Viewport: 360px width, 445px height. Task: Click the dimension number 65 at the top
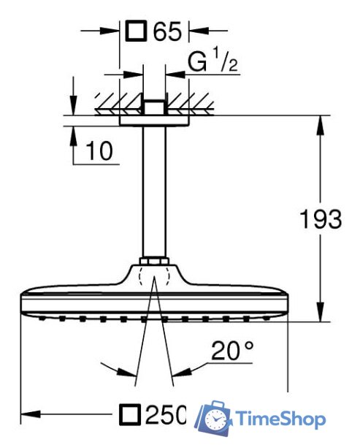click(x=167, y=31)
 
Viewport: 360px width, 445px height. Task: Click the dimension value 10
click(x=99, y=151)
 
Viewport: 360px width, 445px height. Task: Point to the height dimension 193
click(x=321, y=218)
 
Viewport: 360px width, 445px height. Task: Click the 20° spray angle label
click(x=233, y=351)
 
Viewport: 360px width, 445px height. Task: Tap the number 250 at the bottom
click(x=166, y=414)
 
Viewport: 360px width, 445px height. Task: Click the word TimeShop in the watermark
click(x=280, y=419)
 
